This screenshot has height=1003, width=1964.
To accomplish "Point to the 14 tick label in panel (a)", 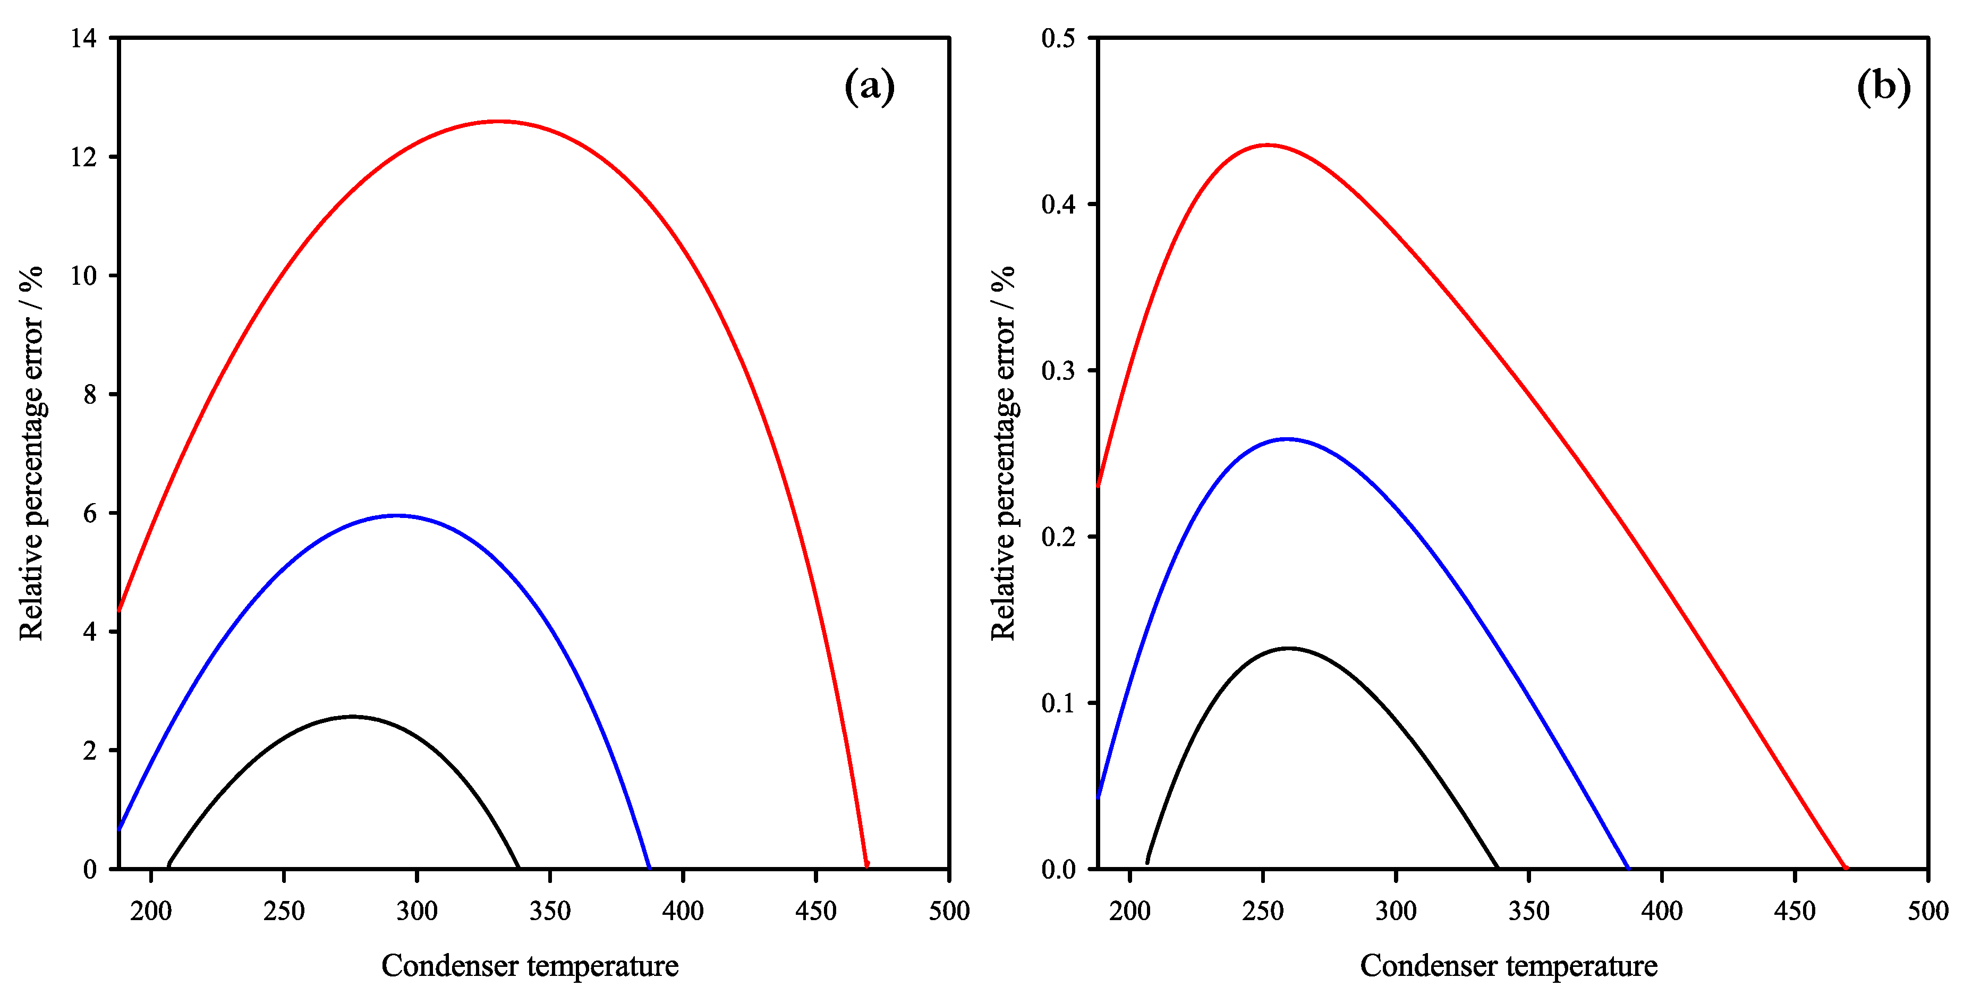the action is coord(84,38).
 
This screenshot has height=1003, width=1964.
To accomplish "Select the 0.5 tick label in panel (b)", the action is coord(1058,38).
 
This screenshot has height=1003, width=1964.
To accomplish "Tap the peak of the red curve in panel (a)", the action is coord(498,121).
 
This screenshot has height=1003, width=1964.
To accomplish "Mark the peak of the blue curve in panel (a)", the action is coord(396,515).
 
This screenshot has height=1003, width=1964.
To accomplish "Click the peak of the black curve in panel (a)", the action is coord(352,717).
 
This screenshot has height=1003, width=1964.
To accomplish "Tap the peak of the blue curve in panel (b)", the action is coord(1287,439).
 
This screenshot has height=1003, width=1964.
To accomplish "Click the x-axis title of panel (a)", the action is coord(530,966).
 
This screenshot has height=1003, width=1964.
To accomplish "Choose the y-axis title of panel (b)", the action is coord(1004,454).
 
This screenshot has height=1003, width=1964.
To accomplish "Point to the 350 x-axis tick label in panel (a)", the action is coord(550,911).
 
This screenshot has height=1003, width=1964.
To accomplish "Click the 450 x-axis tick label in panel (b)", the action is coord(1795,911).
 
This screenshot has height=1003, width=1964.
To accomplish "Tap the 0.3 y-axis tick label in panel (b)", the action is coord(1058,370).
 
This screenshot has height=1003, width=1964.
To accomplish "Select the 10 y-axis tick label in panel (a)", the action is coord(84,276).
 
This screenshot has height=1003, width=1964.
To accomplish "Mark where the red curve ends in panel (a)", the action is coord(867,865).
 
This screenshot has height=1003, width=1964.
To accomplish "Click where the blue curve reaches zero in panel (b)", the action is coord(1628,868).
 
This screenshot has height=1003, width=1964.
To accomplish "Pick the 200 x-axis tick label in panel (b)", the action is coord(1130,911).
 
